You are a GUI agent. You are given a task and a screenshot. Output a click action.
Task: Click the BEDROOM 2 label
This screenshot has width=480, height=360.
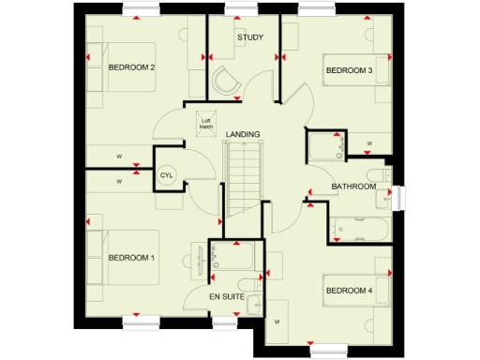coord(131,67)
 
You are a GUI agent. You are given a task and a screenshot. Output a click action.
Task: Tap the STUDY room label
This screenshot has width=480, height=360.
coord(250,37)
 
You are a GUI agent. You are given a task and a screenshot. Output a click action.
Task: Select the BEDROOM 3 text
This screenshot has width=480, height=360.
coord(349,70)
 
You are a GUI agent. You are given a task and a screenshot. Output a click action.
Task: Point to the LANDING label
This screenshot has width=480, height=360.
coord(243,134)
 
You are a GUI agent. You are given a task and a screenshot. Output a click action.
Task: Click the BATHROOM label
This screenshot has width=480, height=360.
coord(353,187)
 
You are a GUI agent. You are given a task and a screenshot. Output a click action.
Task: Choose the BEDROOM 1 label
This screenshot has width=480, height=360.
coord(131,257)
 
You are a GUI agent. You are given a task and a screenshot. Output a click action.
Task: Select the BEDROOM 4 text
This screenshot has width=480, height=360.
coord(349,291)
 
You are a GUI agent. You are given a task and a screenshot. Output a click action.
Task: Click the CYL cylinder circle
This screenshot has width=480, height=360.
coord(167,175)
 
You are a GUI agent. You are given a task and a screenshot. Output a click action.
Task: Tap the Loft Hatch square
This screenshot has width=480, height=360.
coord(205,122)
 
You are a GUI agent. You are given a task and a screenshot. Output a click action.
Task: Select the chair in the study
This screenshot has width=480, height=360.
coord(228,81)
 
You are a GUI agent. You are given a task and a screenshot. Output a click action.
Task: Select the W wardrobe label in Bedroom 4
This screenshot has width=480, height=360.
coord(277,322)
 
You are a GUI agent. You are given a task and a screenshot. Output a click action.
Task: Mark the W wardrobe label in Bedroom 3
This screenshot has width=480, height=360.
coord(369,143)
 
